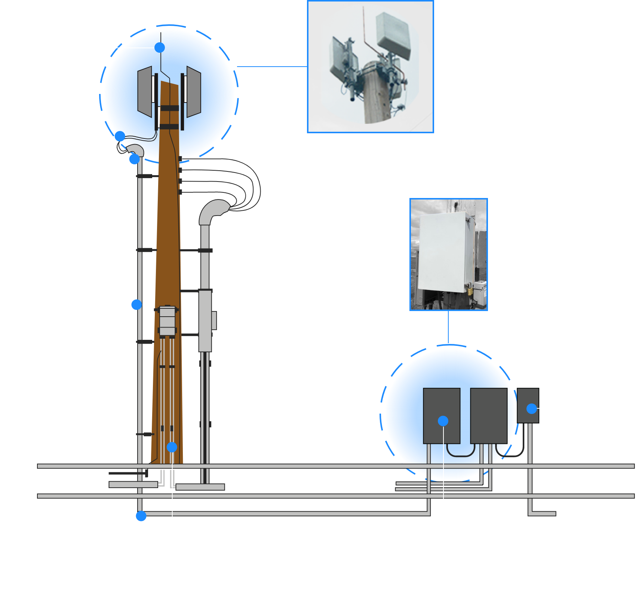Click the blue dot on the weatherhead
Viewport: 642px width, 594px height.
pyautogui.click(x=134, y=159)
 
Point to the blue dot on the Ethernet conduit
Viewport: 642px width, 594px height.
pyautogui.click(x=136, y=305)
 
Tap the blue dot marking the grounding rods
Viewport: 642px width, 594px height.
pyautogui.click(x=172, y=447)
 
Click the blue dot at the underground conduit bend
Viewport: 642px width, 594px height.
pyautogui.click(x=141, y=516)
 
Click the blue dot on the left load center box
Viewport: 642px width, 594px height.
pyautogui.click(x=443, y=421)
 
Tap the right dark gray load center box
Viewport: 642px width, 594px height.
pyautogui.click(x=489, y=415)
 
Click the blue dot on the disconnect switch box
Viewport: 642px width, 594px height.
pyautogui.click(x=531, y=409)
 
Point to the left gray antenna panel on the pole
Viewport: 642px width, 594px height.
pyautogui.click(x=145, y=92)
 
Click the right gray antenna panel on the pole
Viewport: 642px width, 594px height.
pyautogui.click(x=194, y=92)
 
